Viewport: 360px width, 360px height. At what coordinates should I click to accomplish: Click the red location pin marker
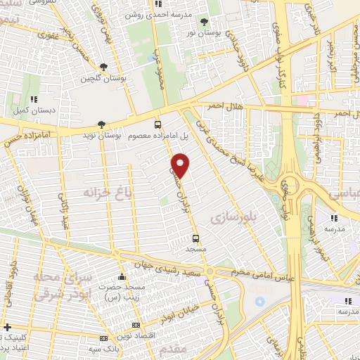click(x=181, y=165)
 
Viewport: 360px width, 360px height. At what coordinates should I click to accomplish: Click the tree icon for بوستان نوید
click(x=102, y=123)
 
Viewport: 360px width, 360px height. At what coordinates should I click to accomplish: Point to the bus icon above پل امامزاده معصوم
click(x=157, y=122)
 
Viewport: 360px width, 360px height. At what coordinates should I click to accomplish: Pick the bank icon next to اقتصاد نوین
click(x=136, y=325)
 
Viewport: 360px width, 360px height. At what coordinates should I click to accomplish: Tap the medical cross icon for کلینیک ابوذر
click(x=7, y=327)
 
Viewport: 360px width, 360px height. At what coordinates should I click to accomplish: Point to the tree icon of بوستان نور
click(x=204, y=22)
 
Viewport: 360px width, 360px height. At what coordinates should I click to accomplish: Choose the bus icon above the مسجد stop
click(x=196, y=238)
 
